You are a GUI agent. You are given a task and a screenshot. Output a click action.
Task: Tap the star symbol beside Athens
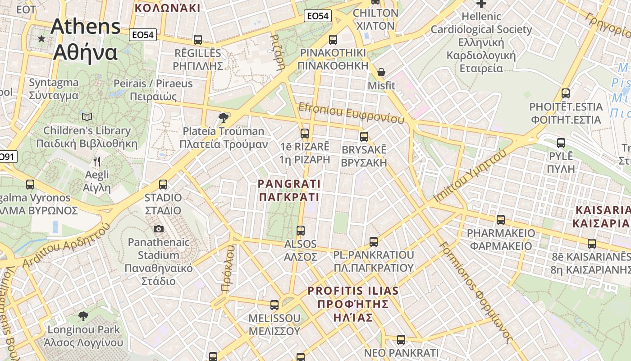click(42, 39)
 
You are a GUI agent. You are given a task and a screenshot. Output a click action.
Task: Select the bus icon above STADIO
click(163, 185)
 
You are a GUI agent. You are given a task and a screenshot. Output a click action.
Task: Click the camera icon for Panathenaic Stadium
click(159, 229)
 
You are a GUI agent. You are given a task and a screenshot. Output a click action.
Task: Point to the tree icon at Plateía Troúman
click(223, 118)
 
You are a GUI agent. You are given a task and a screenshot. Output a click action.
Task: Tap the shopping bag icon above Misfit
click(381, 72)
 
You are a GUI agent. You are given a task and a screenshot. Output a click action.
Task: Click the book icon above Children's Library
click(87, 117)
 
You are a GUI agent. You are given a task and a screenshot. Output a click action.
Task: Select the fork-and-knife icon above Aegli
click(97, 161)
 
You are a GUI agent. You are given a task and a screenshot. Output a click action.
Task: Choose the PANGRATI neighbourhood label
click(289, 190)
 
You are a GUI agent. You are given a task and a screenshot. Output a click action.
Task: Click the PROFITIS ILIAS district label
click(353, 304)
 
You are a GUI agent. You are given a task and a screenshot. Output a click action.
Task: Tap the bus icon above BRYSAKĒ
click(364, 136)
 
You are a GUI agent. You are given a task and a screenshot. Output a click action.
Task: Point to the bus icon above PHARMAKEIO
click(501, 220)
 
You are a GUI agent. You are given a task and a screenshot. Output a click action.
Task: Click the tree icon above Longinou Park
click(83, 315)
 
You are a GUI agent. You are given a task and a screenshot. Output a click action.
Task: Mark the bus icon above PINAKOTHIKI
click(333, 40)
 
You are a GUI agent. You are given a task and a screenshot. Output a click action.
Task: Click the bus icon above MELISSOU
click(274, 305)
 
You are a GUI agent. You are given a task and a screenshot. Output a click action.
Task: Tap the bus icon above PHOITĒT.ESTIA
click(566, 94)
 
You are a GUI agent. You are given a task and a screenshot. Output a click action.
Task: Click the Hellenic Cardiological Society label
click(481, 42)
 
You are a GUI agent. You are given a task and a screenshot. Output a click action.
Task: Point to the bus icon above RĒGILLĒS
click(198, 40)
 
